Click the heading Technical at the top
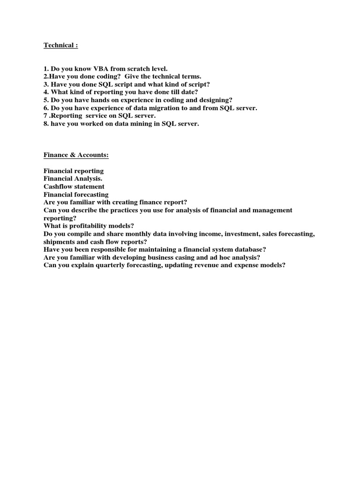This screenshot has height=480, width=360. pos(60,45)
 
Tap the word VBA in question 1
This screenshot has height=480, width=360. pos(90,68)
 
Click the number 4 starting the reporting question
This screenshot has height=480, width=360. pos(45,92)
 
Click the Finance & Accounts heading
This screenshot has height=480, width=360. pos(76,155)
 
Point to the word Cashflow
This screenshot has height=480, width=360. pos(59,187)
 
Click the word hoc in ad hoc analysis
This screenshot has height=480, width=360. pos(217,258)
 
